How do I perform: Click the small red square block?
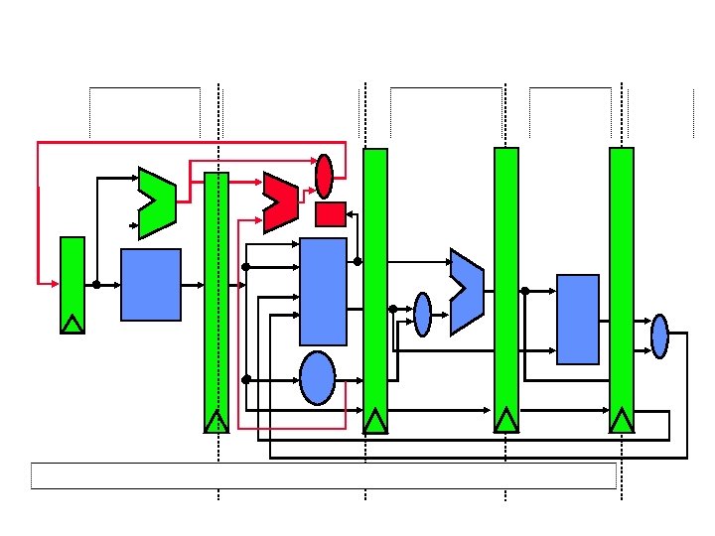[x=330, y=213]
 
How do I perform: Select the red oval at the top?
[x=324, y=176]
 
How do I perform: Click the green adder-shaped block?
[x=157, y=202]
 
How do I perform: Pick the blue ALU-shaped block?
[x=466, y=291]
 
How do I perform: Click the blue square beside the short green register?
[x=151, y=285]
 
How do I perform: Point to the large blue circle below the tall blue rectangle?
[x=318, y=378]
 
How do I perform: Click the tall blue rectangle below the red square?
[x=324, y=291]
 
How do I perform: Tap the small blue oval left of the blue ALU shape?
[x=423, y=314]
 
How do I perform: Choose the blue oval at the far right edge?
[x=659, y=335]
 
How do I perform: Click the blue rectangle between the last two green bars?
[x=578, y=320]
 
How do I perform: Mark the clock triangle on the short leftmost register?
[x=72, y=324]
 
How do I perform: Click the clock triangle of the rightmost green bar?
[x=622, y=421]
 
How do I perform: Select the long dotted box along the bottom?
[x=324, y=475]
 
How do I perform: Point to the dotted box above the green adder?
[x=145, y=112]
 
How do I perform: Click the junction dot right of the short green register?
[x=96, y=285]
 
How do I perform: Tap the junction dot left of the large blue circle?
[x=245, y=378]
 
